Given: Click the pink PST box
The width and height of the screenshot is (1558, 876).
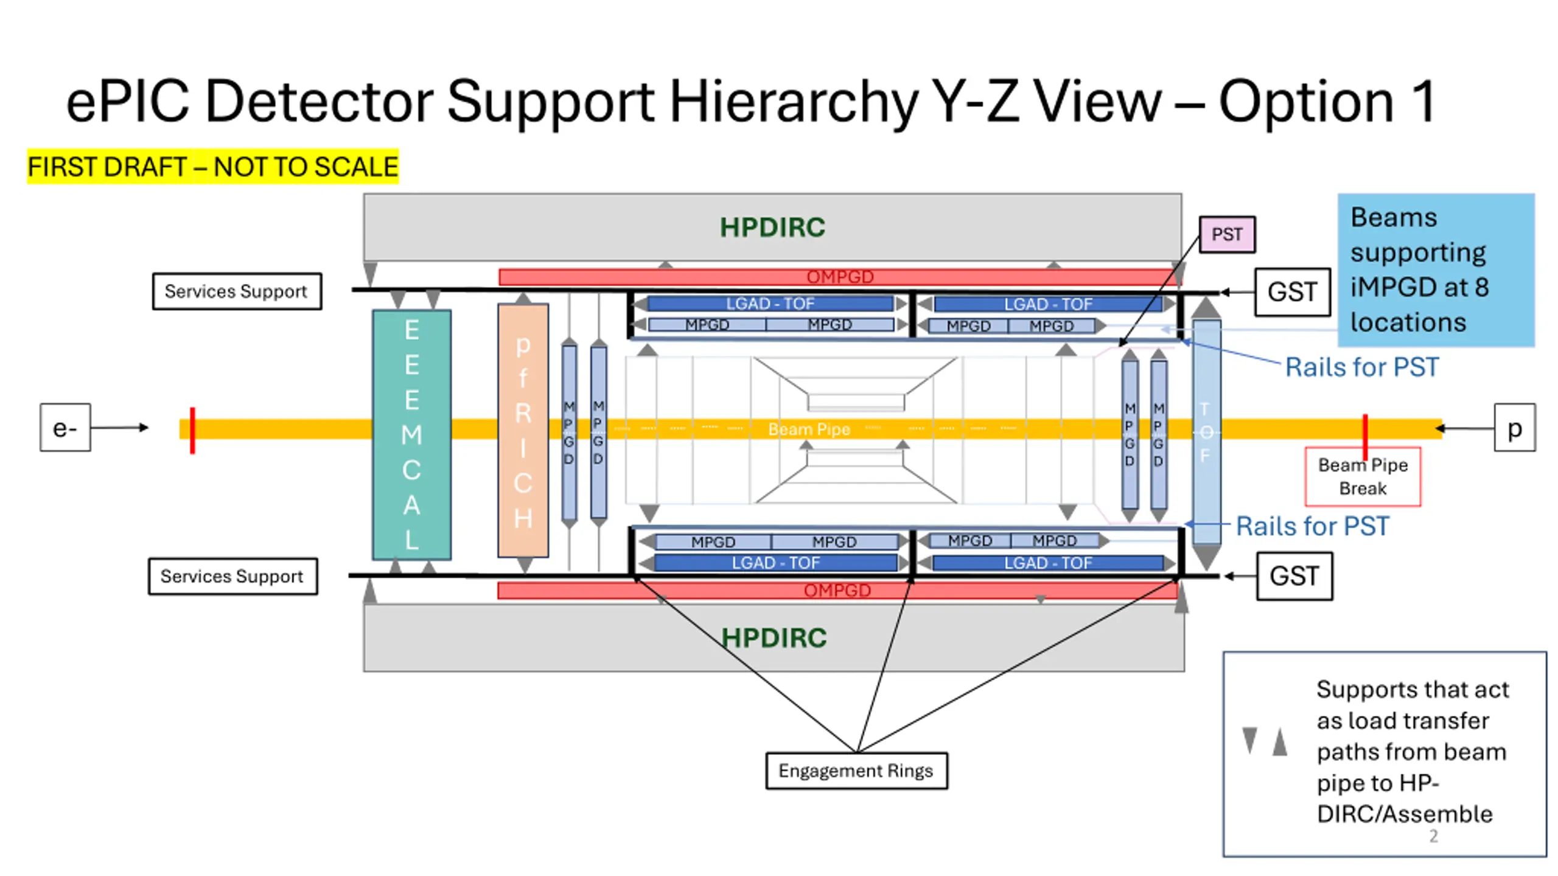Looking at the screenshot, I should tap(1226, 234).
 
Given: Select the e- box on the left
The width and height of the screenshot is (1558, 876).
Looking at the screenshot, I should tap(65, 428).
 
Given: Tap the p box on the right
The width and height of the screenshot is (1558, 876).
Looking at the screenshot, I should tap(1514, 428).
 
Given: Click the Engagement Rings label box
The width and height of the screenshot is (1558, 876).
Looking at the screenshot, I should tap(856, 771).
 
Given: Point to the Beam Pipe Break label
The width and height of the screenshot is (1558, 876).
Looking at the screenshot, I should tap(1363, 477).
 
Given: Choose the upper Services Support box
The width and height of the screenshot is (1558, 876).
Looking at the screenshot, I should tap(237, 291).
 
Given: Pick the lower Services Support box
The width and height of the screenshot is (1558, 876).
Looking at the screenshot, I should tap(232, 576).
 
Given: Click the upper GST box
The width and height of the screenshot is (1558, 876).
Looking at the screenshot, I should tap(1292, 292).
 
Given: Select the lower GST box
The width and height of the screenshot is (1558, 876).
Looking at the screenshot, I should tap(1294, 576).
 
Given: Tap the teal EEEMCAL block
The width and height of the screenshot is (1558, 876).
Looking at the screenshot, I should tap(411, 435).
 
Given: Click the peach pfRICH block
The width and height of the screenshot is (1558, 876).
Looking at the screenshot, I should tap(523, 431).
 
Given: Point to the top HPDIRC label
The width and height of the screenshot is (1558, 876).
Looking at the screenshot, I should tap(772, 228).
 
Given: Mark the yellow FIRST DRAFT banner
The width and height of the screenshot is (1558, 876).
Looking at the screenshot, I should tap(213, 167).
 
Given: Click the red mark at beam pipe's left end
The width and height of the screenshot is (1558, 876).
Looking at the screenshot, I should tap(192, 430).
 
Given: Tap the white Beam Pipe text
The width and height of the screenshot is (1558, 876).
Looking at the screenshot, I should tap(809, 429).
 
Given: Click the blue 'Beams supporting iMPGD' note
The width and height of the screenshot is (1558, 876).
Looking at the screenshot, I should tap(1436, 269).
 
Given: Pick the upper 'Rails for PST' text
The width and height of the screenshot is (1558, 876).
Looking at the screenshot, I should tap(1361, 367).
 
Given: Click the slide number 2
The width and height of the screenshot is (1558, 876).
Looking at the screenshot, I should tap(1433, 836).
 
